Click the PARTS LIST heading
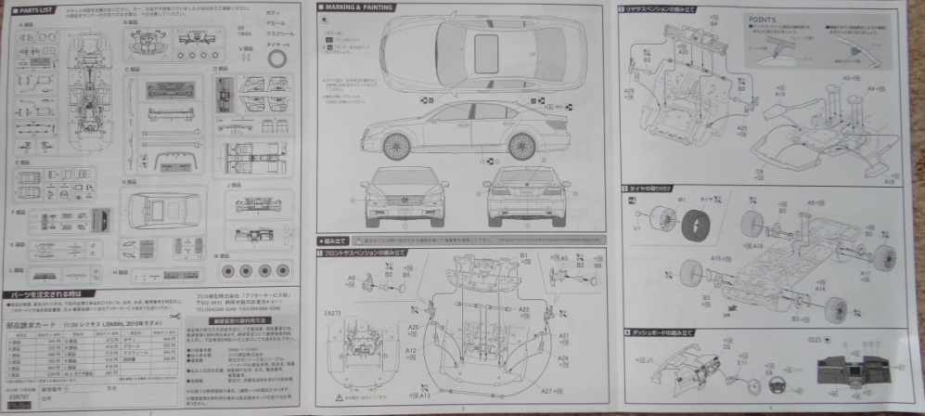click(28, 9)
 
